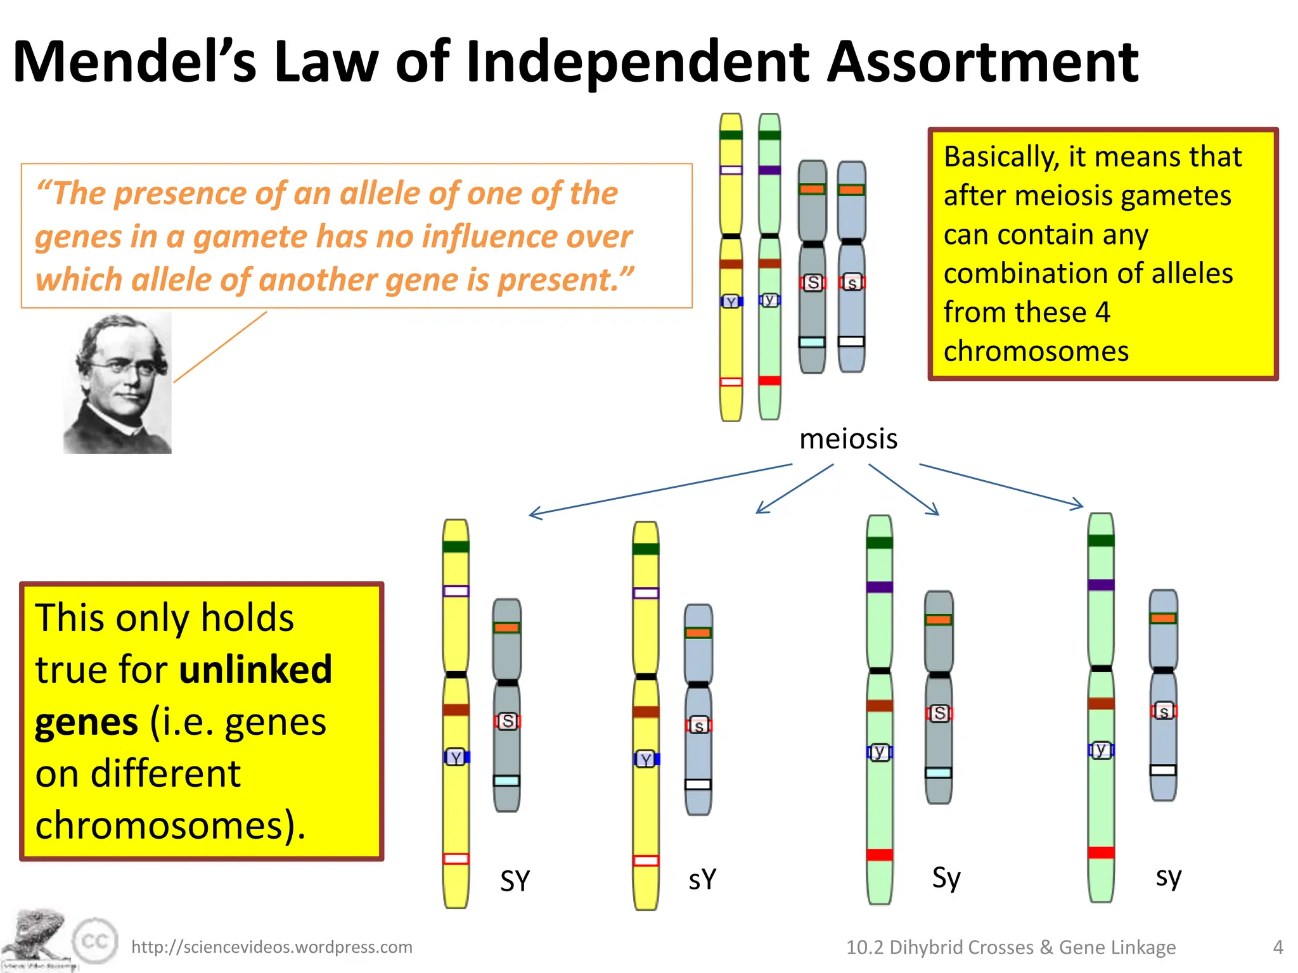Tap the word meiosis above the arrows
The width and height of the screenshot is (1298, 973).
click(x=848, y=439)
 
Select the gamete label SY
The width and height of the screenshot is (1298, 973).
click(x=515, y=881)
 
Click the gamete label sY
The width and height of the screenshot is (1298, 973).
click(x=702, y=879)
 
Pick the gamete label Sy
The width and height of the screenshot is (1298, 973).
click(x=946, y=878)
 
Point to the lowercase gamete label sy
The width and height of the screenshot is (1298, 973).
click(x=1168, y=877)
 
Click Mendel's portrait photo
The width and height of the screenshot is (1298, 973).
click(x=118, y=383)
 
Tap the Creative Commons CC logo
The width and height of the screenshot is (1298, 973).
click(x=95, y=941)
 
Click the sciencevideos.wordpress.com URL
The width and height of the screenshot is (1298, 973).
click(x=271, y=947)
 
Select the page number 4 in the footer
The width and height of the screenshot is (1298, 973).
click(x=1278, y=947)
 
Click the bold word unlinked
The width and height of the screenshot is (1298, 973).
click(x=255, y=670)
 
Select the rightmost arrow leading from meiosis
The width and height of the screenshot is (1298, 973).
click(x=1001, y=486)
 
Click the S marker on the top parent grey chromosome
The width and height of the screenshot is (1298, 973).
click(x=813, y=283)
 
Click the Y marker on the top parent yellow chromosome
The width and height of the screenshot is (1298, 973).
click(x=731, y=302)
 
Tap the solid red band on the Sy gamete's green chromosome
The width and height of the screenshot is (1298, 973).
click(x=880, y=855)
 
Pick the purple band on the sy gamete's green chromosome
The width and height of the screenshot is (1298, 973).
click(x=1101, y=585)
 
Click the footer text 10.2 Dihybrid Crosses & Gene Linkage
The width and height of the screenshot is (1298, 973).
click(x=1011, y=947)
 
